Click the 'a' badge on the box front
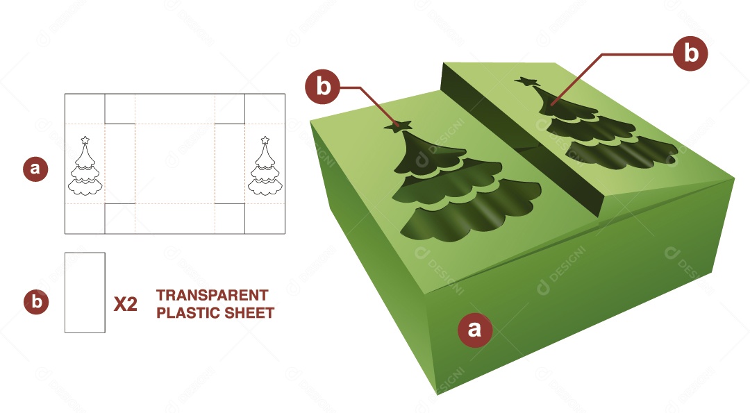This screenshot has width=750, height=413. pos(474,328)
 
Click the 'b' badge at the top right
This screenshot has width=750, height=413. pos(690,53)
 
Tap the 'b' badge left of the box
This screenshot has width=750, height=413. pos(322,87)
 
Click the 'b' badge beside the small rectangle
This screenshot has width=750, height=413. pos(36,303)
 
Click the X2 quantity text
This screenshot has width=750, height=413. pos(125,304)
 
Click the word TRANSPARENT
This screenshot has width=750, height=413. pos(212,295)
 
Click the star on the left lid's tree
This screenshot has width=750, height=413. pos(398,126)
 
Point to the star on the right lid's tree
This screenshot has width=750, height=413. pos(528,83)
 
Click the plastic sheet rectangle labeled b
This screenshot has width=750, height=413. pos(85,292)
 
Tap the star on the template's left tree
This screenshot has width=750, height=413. pos(85,140)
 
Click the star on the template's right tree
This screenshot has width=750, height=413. pos(265,140)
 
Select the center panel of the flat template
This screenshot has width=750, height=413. pos(174,164)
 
